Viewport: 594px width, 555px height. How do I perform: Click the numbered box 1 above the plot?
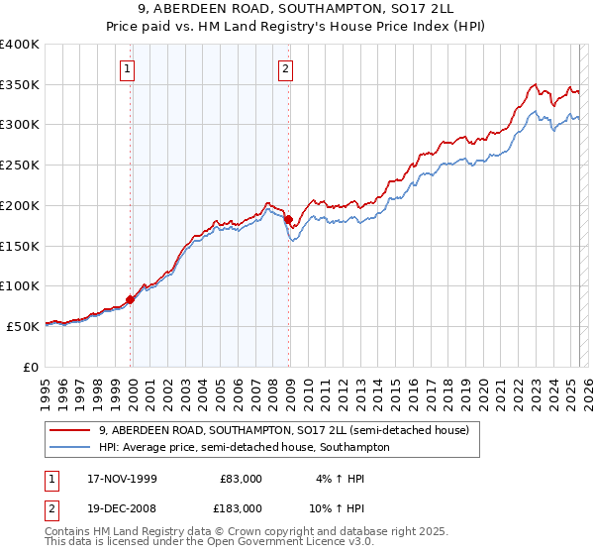pos(130,68)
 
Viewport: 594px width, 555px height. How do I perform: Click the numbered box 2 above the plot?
pos(285,68)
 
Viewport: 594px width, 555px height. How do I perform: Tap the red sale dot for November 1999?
pos(131,299)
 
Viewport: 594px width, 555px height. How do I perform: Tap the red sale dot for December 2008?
pos(289,219)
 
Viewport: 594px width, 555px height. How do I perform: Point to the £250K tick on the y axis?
pos(22,165)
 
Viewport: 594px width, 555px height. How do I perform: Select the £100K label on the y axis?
pos(22,285)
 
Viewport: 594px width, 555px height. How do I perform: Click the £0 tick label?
pos(32,367)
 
